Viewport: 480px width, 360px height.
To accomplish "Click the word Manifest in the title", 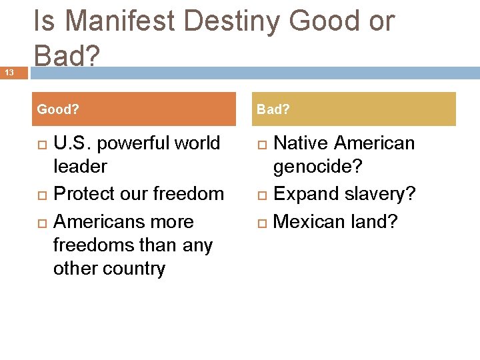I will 121,21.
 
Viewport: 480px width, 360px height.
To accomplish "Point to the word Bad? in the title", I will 66,56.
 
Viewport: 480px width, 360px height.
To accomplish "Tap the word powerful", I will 133,144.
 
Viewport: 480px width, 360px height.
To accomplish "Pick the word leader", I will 80,167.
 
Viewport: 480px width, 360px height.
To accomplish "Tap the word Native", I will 301,143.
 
